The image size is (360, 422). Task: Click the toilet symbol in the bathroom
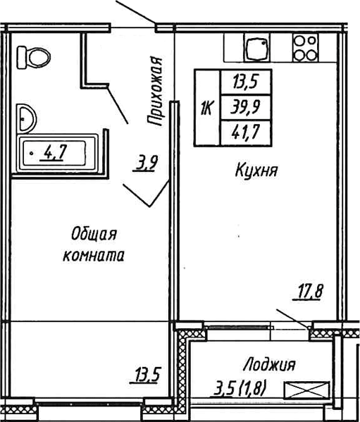click(34, 57)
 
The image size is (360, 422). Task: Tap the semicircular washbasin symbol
click(26, 119)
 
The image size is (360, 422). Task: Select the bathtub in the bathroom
click(57, 153)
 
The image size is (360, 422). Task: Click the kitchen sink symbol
click(256, 47)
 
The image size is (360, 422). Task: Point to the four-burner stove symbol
click(305, 48)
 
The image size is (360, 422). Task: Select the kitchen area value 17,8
click(309, 292)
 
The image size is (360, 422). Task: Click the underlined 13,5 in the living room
click(146, 375)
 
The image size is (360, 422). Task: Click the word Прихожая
click(155, 91)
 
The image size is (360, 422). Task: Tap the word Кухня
click(256, 171)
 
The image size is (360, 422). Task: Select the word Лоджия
click(269, 365)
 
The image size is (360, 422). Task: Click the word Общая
click(94, 235)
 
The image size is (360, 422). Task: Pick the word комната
click(94, 256)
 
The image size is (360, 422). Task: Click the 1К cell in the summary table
click(207, 108)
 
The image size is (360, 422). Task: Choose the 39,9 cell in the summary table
click(246, 107)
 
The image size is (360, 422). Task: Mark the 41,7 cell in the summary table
click(246, 132)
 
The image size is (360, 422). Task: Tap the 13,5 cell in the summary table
click(246, 82)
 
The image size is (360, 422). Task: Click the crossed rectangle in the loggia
click(307, 390)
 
